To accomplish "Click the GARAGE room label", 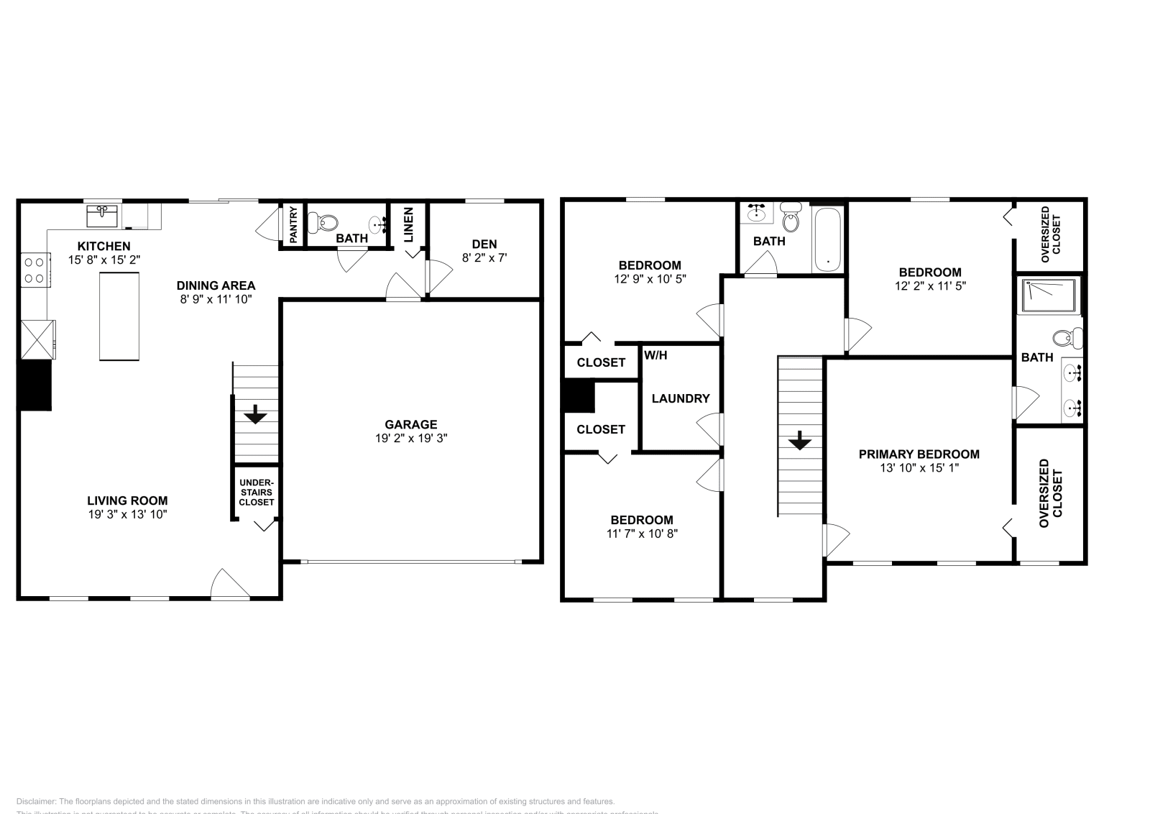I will pos(410,424).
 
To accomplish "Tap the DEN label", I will pos(484,244).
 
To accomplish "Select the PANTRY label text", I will pos(293,224).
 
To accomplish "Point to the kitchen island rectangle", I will pos(119,316).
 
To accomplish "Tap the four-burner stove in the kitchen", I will pos(34,270).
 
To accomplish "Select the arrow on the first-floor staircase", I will pos(255,415).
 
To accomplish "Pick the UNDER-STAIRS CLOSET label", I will pos(257,493).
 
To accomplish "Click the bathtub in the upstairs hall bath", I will pos(828,239).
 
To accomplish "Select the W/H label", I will pos(655,355).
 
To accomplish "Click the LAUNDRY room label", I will pos(681,398).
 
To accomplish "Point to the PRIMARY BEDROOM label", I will pos(919,454).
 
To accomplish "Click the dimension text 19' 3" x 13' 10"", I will pos(127,514).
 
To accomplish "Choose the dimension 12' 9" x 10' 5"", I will pos(650,279).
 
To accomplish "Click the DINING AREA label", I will pos(216,285).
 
